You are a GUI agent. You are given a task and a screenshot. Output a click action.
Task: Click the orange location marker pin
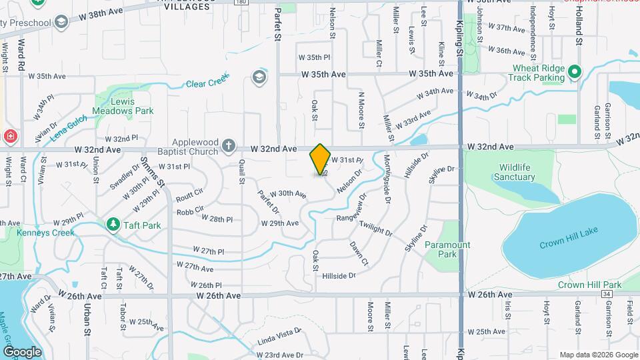(x=320, y=159)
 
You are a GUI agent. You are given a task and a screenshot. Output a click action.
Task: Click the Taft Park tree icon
(x=113, y=225)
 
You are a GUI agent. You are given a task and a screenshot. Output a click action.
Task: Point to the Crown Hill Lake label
(x=569, y=238)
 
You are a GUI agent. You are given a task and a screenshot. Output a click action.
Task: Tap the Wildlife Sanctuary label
(x=514, y=172)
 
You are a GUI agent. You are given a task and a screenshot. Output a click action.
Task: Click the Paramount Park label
(x=447, y=249)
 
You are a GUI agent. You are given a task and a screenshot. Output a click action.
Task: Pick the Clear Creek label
(x=207, y=83)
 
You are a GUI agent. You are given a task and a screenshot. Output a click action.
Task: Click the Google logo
(x=23, y=351)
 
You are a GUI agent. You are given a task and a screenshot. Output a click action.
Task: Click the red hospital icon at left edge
(x=10, y=137)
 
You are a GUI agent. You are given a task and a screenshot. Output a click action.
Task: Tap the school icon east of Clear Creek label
(x=258, y=77)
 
